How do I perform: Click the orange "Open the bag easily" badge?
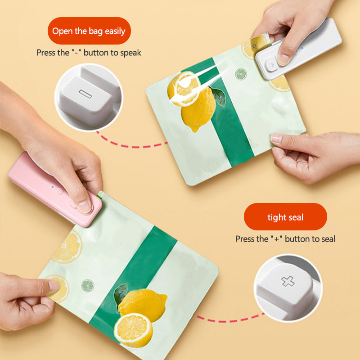89,31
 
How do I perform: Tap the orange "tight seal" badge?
285,217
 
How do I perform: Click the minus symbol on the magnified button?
85,92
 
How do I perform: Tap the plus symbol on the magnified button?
288,281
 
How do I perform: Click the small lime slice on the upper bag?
241,74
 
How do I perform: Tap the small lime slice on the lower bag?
87,285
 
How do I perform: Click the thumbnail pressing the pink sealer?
84,206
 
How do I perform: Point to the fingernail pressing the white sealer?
283,58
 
